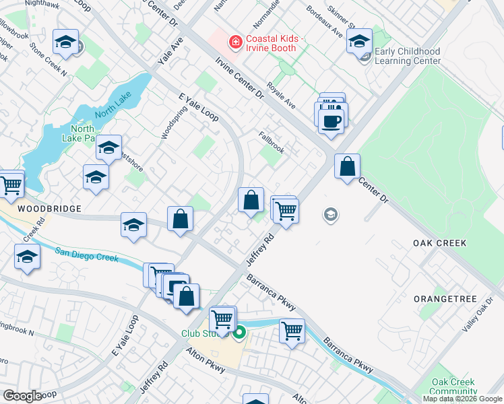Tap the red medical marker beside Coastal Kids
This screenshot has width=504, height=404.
pyautogui.click(x=235, y=42)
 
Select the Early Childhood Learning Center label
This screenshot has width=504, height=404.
pyautogui.click(x=408, y=56)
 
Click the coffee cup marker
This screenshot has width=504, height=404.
pyautogui.click(x=330, y=122)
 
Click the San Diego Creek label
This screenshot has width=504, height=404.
pyautogui.click(x=86, y=255)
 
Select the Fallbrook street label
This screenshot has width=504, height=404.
pyautogui.click(x=272, y=142)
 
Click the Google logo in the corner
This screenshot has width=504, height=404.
pyautogui.click(x=22, y=395)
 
